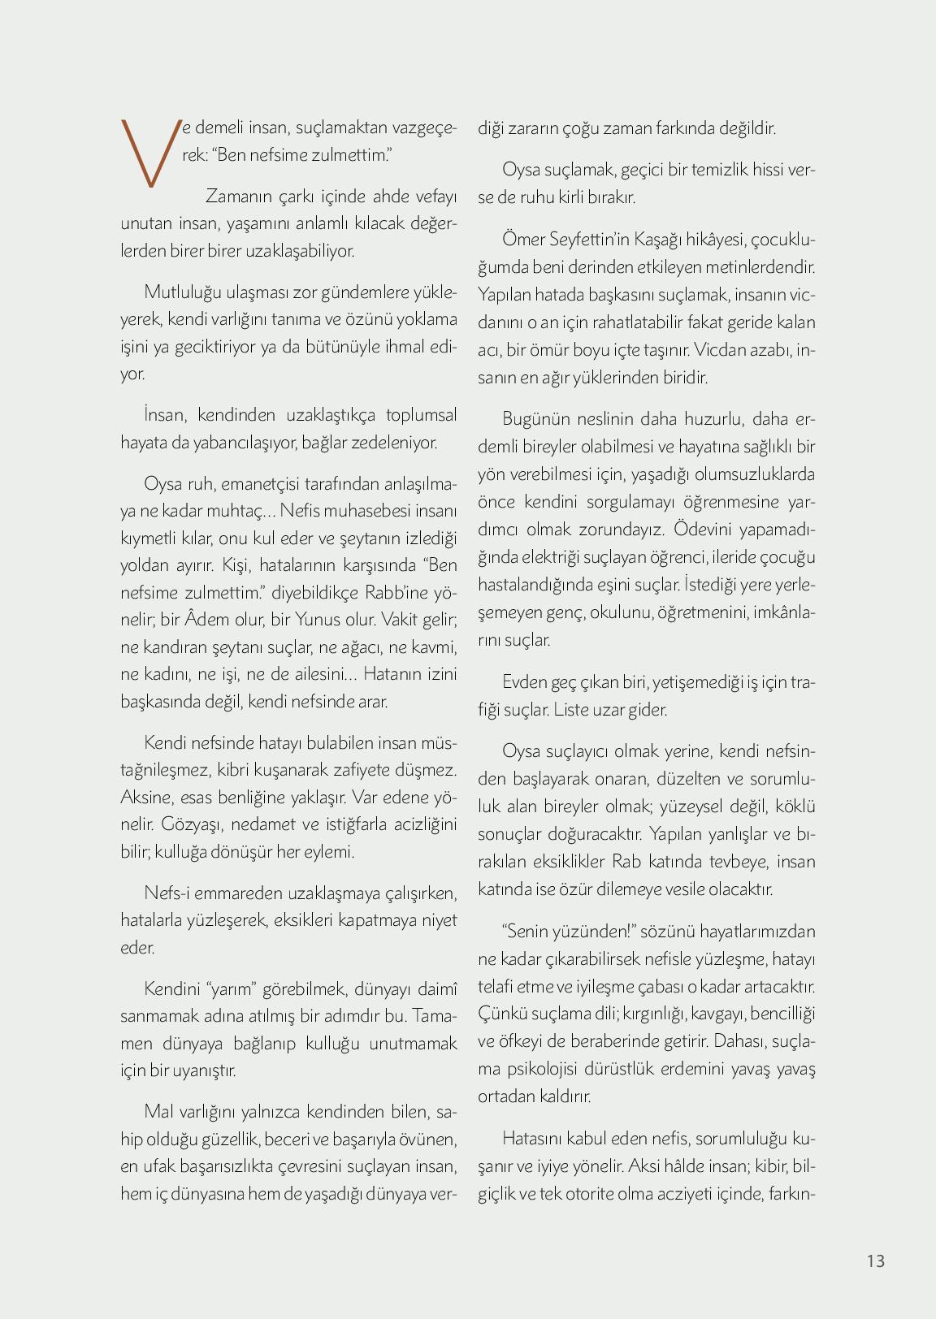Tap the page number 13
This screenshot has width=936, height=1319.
click(875, 1261)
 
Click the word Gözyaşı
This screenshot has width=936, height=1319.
click(193, 824)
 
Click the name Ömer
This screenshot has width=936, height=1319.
click(523, 239)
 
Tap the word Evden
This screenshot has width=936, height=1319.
click(525, 682)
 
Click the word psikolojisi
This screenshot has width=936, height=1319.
click(546, 1069)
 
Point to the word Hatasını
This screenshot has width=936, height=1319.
click(536, 1139)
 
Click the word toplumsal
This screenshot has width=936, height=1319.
click(421, 415)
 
